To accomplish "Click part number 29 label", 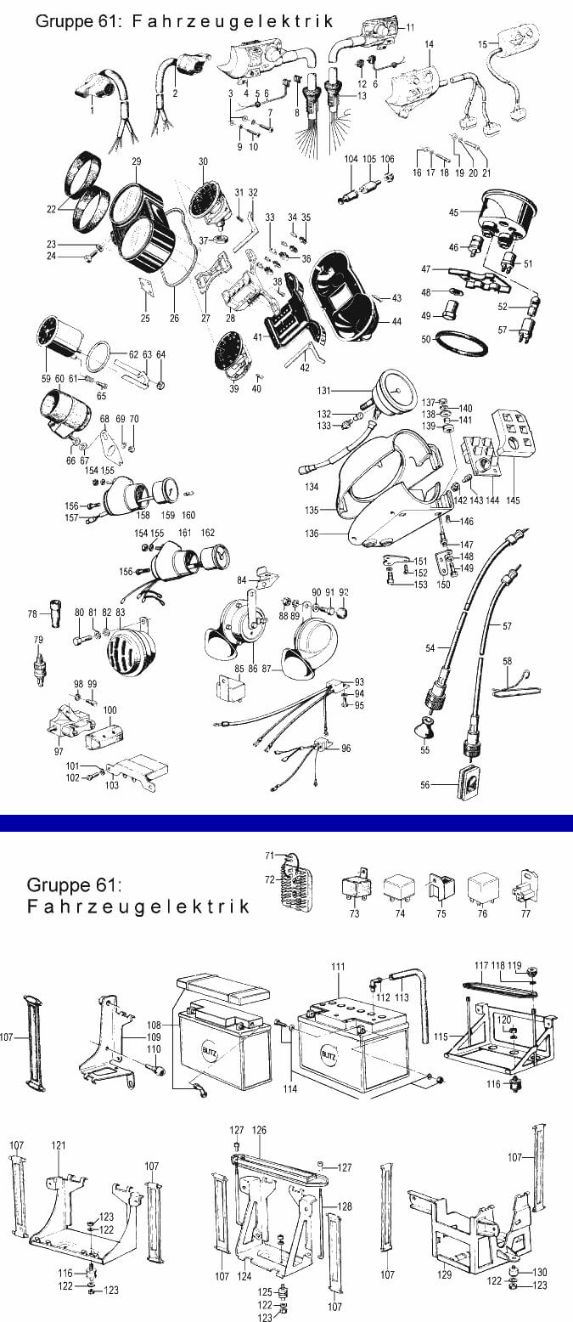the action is [x=136, y=161].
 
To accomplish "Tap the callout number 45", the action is [x=453, y=212].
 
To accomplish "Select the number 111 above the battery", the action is [x=338, y=967].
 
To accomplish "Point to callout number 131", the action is [x=323, y=391].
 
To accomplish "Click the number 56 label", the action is [x=425, y=785].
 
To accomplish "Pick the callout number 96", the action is [x=346, y=749].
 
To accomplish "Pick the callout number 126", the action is [x=260, y=1130].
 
